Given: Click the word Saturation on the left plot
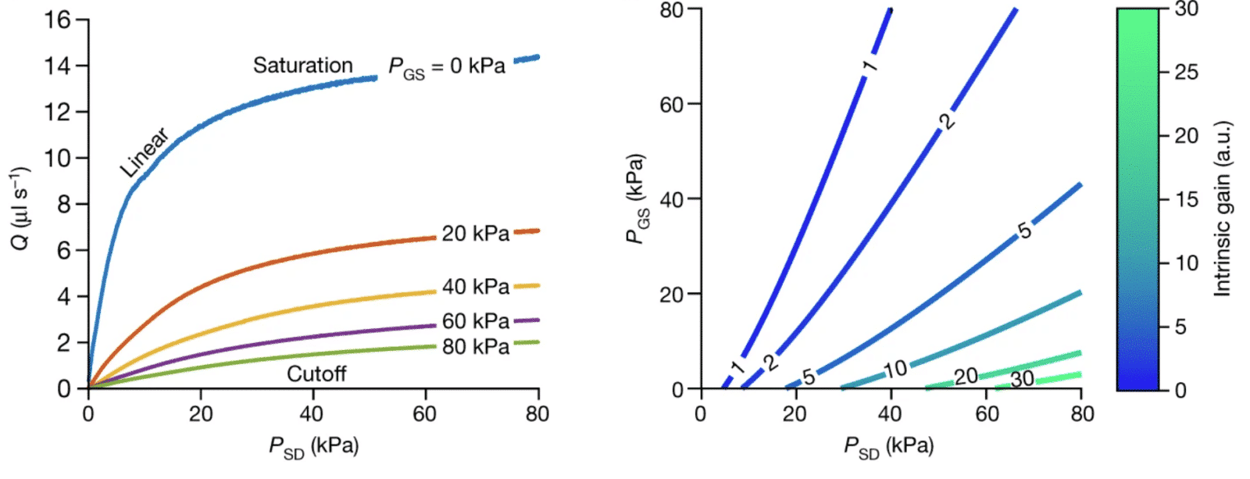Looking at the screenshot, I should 302,66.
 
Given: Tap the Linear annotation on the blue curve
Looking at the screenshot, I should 145,152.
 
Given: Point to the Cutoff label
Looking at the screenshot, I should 316,374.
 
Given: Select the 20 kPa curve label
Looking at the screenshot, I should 475,234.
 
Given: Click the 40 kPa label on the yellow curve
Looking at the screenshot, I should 475,287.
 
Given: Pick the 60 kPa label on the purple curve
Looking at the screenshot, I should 475,321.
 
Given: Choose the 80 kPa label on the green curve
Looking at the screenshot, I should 475,347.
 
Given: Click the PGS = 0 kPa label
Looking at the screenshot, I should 447,68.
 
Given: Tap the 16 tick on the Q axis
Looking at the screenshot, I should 57,20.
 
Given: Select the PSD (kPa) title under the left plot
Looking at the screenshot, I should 313,448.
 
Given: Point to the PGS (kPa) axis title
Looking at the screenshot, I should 637,198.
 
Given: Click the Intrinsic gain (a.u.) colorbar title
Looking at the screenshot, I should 1223,209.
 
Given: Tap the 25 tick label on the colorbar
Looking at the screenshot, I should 1186,73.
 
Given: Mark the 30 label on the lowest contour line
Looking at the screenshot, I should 1022,380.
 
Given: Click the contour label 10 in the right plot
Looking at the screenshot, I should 895,369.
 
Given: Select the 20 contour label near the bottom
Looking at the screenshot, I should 966,377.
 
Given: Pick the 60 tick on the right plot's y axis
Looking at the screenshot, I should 671,105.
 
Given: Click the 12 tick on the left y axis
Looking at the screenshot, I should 57,112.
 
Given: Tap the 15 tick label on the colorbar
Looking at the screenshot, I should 1186,200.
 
